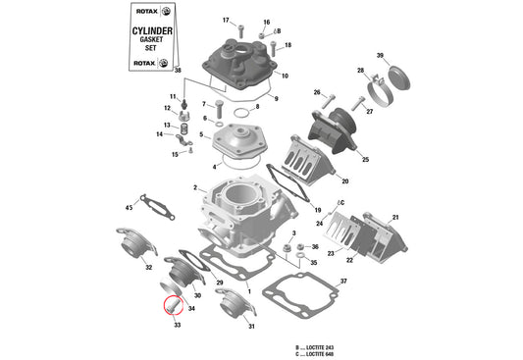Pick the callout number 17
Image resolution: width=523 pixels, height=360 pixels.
225,21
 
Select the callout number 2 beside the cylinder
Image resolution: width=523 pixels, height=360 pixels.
194,187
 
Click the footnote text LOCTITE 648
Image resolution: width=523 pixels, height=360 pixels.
323,353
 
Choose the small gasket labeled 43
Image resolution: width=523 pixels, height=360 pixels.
155,207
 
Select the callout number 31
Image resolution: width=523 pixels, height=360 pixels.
251,327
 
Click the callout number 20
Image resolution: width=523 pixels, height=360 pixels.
344,181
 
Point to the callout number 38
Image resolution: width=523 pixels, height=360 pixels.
178,72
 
